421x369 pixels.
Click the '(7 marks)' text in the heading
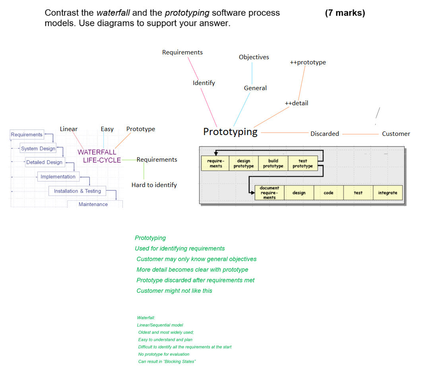[345, 13]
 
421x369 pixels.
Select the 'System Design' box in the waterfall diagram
[38, 149]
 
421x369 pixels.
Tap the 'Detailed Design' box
[44, 162]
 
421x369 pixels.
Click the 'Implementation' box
[58, 177]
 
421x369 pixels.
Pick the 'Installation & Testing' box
[77, 191]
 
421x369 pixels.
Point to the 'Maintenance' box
[93, 204]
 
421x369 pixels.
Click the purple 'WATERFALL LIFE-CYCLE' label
[98, 156]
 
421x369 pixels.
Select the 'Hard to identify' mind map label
[154, 185]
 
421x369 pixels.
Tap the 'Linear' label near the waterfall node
[69, 129]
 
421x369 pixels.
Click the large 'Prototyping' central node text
[230, 132]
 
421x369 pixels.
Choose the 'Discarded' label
[324, 134]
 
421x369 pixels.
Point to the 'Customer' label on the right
[396, 134]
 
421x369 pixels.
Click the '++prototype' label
[308, 62]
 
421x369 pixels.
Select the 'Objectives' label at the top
[254, 57]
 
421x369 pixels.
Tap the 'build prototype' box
[273, 163]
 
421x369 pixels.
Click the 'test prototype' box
[303, 163]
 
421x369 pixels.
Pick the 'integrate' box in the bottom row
[387, 193]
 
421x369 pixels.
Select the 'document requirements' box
[269, 193]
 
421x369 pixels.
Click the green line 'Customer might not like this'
[174, 291]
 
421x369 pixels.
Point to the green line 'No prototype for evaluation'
[163, 354]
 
